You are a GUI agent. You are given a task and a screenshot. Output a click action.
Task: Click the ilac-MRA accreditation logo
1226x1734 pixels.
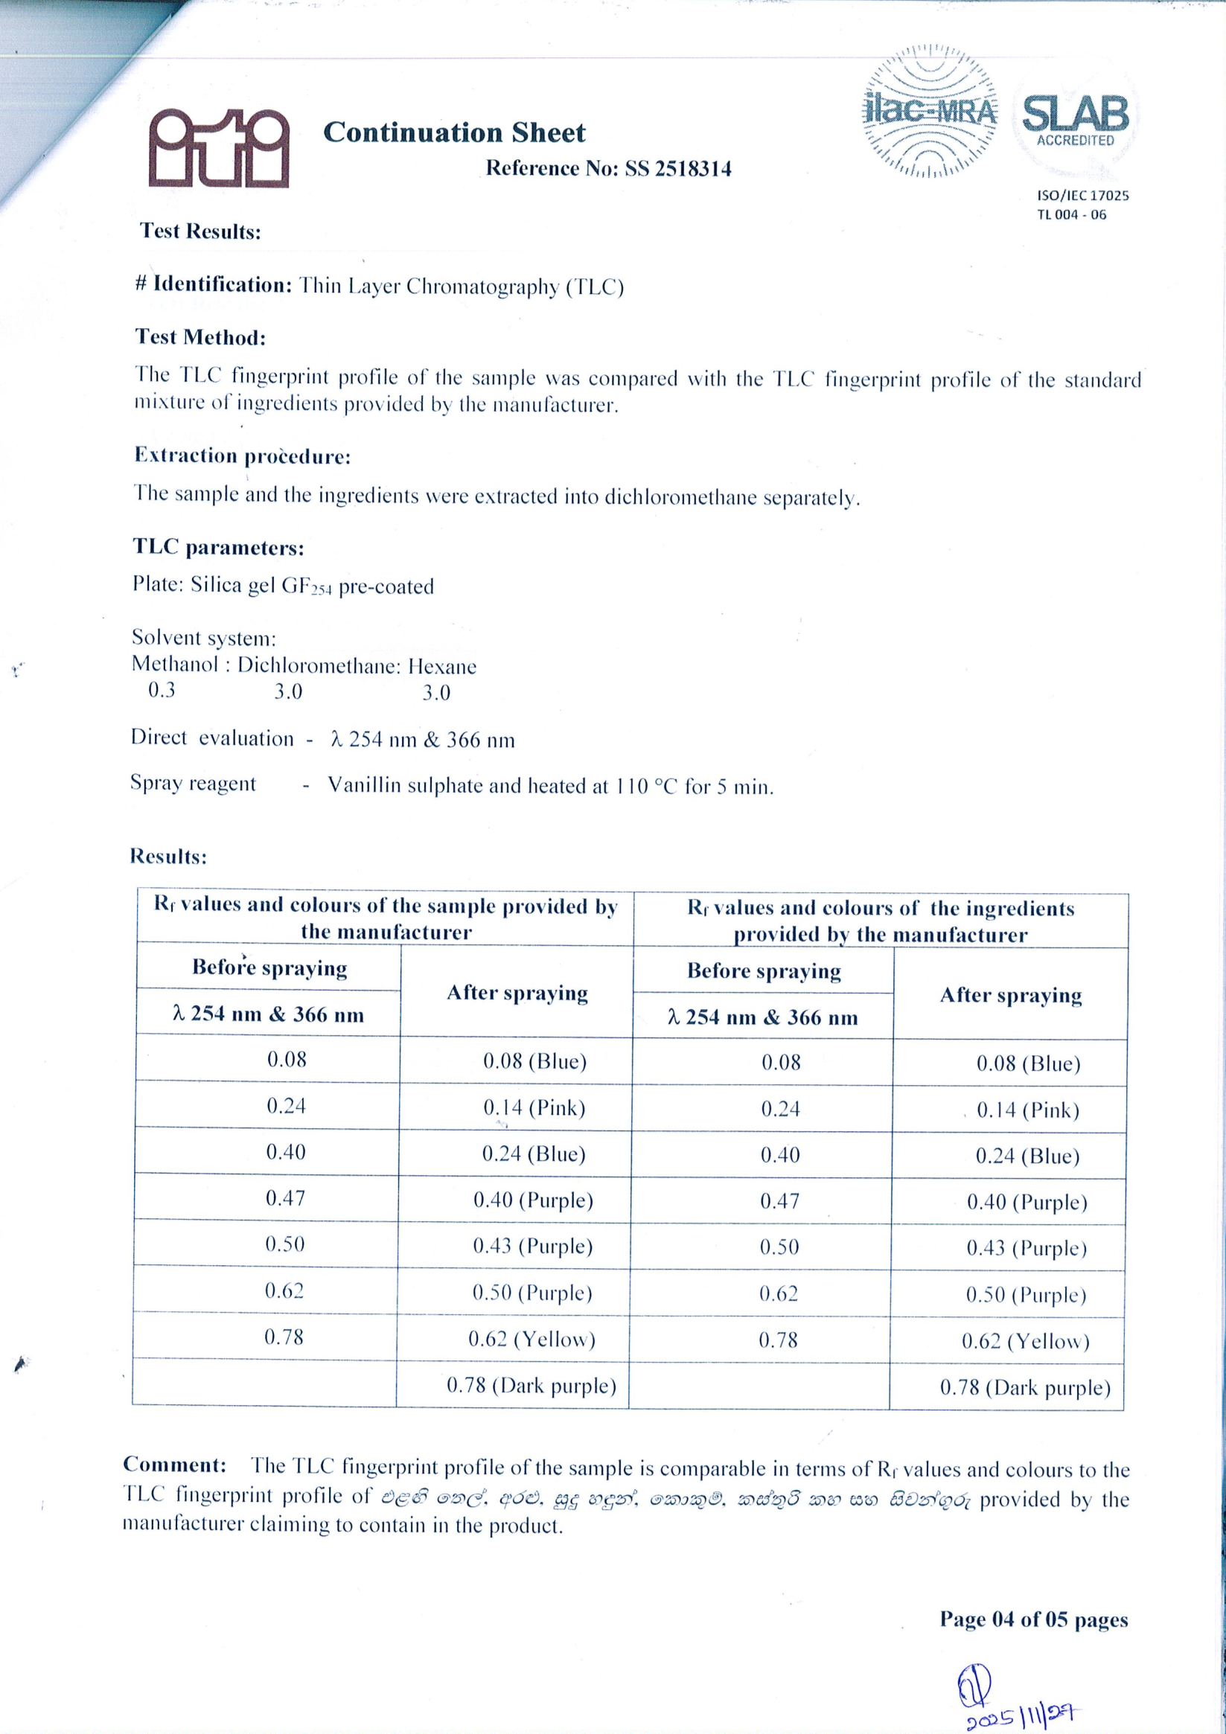tap(930, 112)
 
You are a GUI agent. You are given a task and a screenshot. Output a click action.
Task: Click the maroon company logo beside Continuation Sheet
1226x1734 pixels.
tap(218, 148)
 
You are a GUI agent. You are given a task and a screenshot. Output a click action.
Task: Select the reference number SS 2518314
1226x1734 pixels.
tap(677, 167)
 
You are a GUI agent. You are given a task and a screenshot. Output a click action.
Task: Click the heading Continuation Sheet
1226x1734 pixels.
tap(454, 133)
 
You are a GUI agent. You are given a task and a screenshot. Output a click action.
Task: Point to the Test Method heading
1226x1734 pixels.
tap(200, 337)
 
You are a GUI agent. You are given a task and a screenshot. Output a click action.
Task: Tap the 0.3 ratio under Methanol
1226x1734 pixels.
tap(161, 691)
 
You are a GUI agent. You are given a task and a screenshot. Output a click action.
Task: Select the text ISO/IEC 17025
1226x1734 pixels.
tap(1082, 195)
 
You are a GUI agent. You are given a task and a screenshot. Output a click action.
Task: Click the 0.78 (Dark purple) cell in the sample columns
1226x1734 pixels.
tap(531, 1385)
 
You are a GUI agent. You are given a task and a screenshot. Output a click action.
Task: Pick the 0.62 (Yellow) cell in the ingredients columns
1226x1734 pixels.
tap(1025, 1340)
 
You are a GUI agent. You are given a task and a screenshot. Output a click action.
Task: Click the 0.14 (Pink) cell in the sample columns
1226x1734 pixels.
tap(534, 1108)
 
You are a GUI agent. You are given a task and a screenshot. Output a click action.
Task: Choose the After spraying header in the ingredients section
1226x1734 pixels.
tap(1010, 996)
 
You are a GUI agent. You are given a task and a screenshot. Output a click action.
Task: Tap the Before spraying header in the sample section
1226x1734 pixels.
tap(269, 967)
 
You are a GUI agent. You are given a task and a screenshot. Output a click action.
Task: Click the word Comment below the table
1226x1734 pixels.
tap(174, 1465)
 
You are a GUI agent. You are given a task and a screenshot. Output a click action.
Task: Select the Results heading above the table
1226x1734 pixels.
tap(167, 856)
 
